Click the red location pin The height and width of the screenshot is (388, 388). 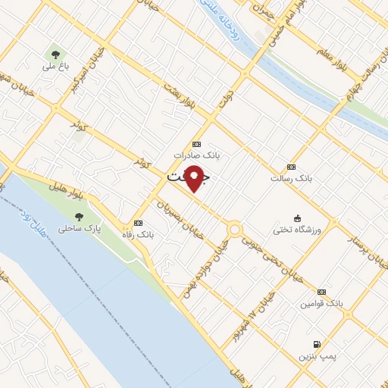pyautogui.click(x=195, y=177)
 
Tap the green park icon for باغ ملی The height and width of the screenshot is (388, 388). pyautogui.click(x=55, y=54)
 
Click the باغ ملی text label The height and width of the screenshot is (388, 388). pyautogui.click(x=55, y=67)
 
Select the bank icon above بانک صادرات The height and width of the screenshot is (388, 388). pyautogui.click(x=197, y=144)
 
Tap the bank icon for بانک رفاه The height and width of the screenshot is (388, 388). pyautogui.click(x=138, y=224)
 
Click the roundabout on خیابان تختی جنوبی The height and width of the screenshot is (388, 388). pyautogui.click(x=234, y=228)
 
